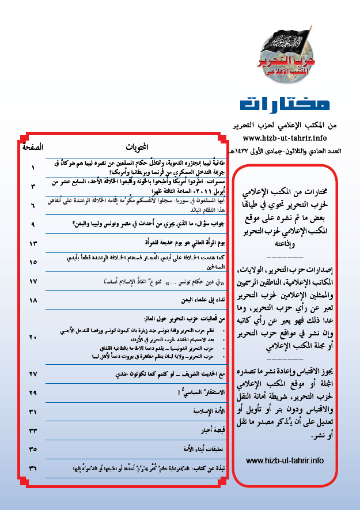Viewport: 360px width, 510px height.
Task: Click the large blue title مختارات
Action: click(x=286, y=104)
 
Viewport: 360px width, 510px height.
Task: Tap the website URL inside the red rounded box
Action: click(x=285, y=460)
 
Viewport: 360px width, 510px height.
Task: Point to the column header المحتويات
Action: click(x=137, y=148)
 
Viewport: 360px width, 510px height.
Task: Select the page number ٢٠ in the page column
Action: click(x=33, y=337)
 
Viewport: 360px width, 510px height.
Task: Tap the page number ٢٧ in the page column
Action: click(x=33, y=373)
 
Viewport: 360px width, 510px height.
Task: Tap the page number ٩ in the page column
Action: click(x=33, y=223)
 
